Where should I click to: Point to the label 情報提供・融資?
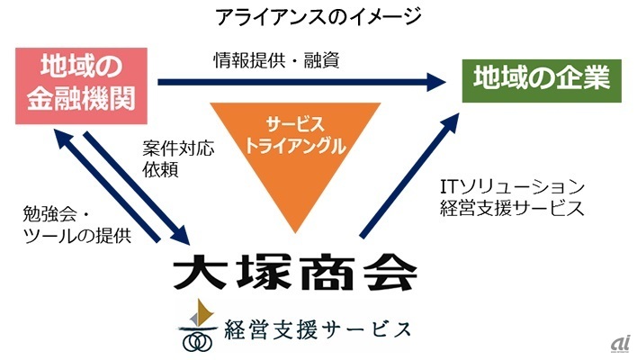276,60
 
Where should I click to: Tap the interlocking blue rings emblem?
198,341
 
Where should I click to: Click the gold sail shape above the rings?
201,315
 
